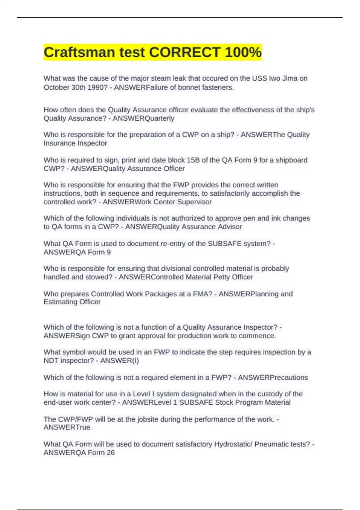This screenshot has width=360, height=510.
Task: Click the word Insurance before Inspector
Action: [x=59, y=143]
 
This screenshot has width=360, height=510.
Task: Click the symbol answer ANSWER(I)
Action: [x=119, y=360]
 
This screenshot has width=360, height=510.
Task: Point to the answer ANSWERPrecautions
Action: [x=273, y=377]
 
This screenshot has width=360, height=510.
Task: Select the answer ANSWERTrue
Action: [x=67, y=427]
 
